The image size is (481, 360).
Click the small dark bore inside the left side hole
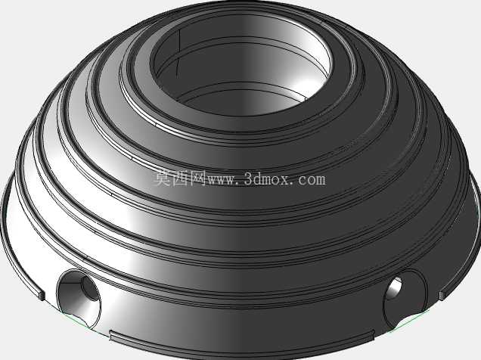coord(90,289)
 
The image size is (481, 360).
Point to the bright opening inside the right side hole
coord(395,287)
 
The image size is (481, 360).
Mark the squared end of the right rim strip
coord(442,295)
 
